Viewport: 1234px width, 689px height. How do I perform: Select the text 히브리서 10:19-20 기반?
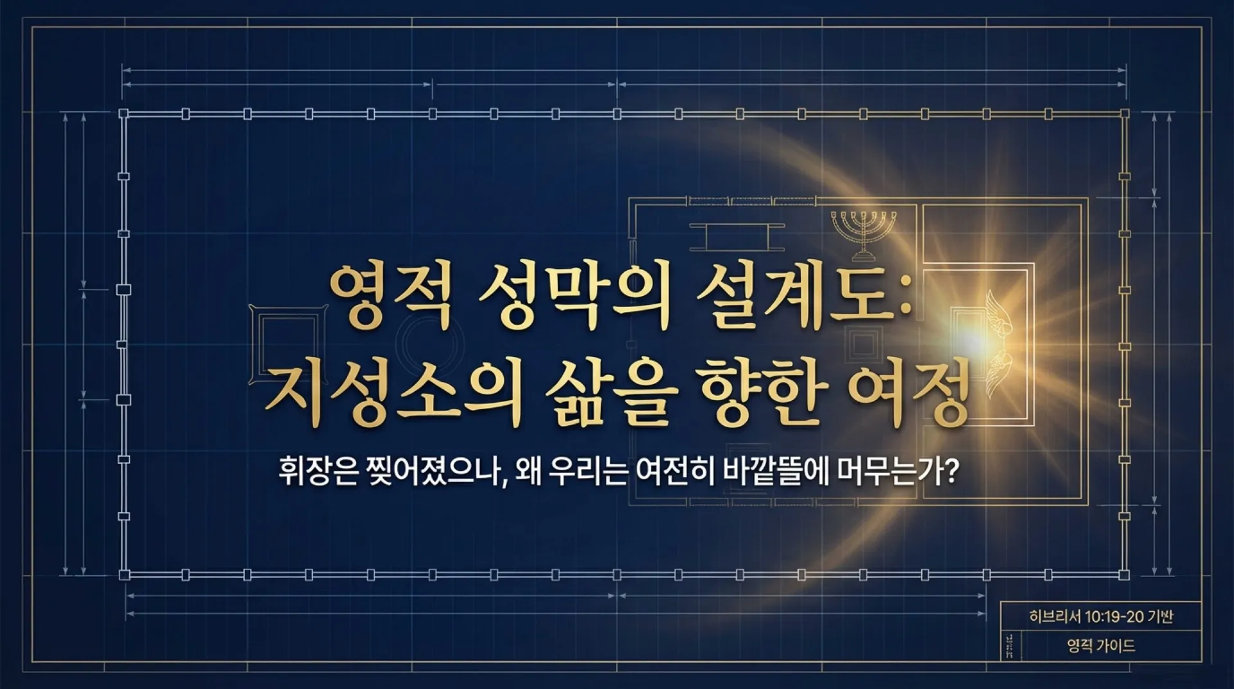1101,616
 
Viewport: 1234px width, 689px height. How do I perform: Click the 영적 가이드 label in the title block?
1101,645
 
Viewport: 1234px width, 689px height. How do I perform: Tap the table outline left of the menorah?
737,237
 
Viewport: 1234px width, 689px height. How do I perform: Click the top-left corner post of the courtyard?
124,114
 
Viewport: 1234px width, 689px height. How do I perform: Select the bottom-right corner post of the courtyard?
1124,574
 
